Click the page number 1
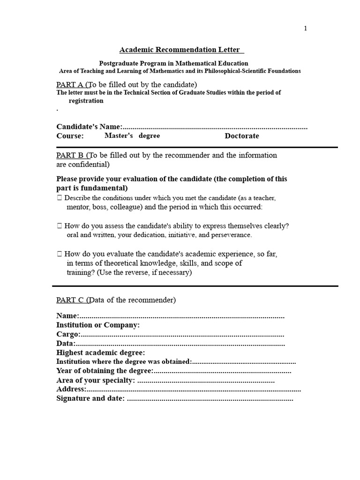(306, 29)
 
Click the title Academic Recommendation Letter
(180, 50)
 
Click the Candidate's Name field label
(89, 127)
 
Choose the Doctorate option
(241, 136)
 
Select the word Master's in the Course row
(119, 135)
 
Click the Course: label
(70, 136)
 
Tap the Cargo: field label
(68, 334)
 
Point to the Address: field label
(71, 389)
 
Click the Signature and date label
(90, 398)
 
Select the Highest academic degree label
(100, 352)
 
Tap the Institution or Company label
(98, 325)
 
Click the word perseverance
(230, 235)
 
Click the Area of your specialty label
(96, 380)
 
